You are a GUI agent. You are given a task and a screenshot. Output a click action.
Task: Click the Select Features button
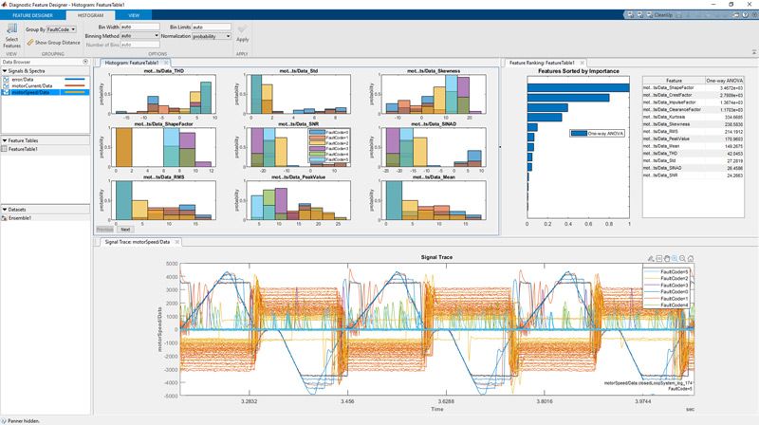(11, 38)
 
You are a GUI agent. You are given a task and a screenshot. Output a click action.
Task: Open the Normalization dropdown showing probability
(211, 36)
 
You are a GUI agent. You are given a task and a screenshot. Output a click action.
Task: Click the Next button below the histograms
(125, 230)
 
